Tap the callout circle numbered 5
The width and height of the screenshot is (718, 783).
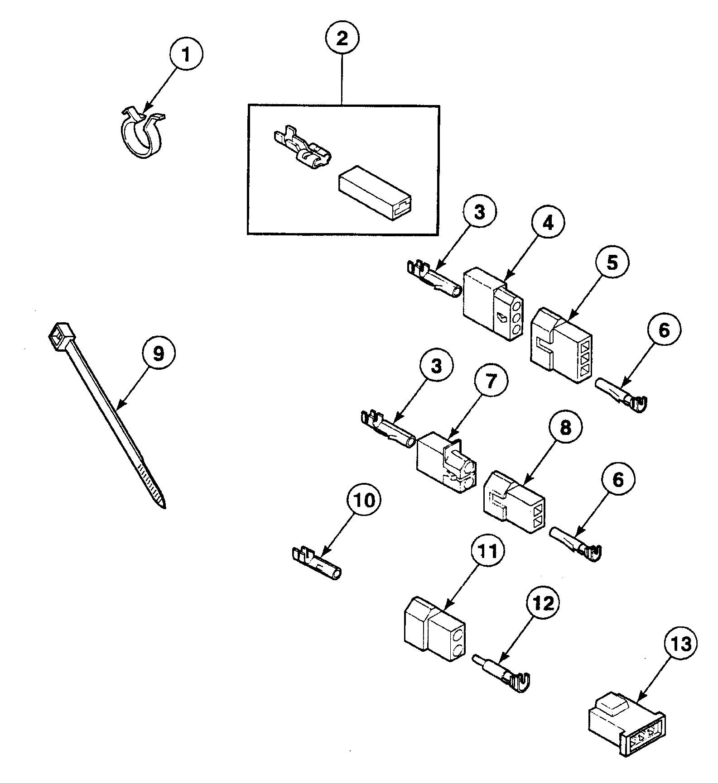pos(612,263)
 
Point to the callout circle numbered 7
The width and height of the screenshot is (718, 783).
pos(491,380)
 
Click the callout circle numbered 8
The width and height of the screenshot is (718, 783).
pos(566,428)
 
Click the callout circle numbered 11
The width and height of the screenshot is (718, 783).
pos(487,551)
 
